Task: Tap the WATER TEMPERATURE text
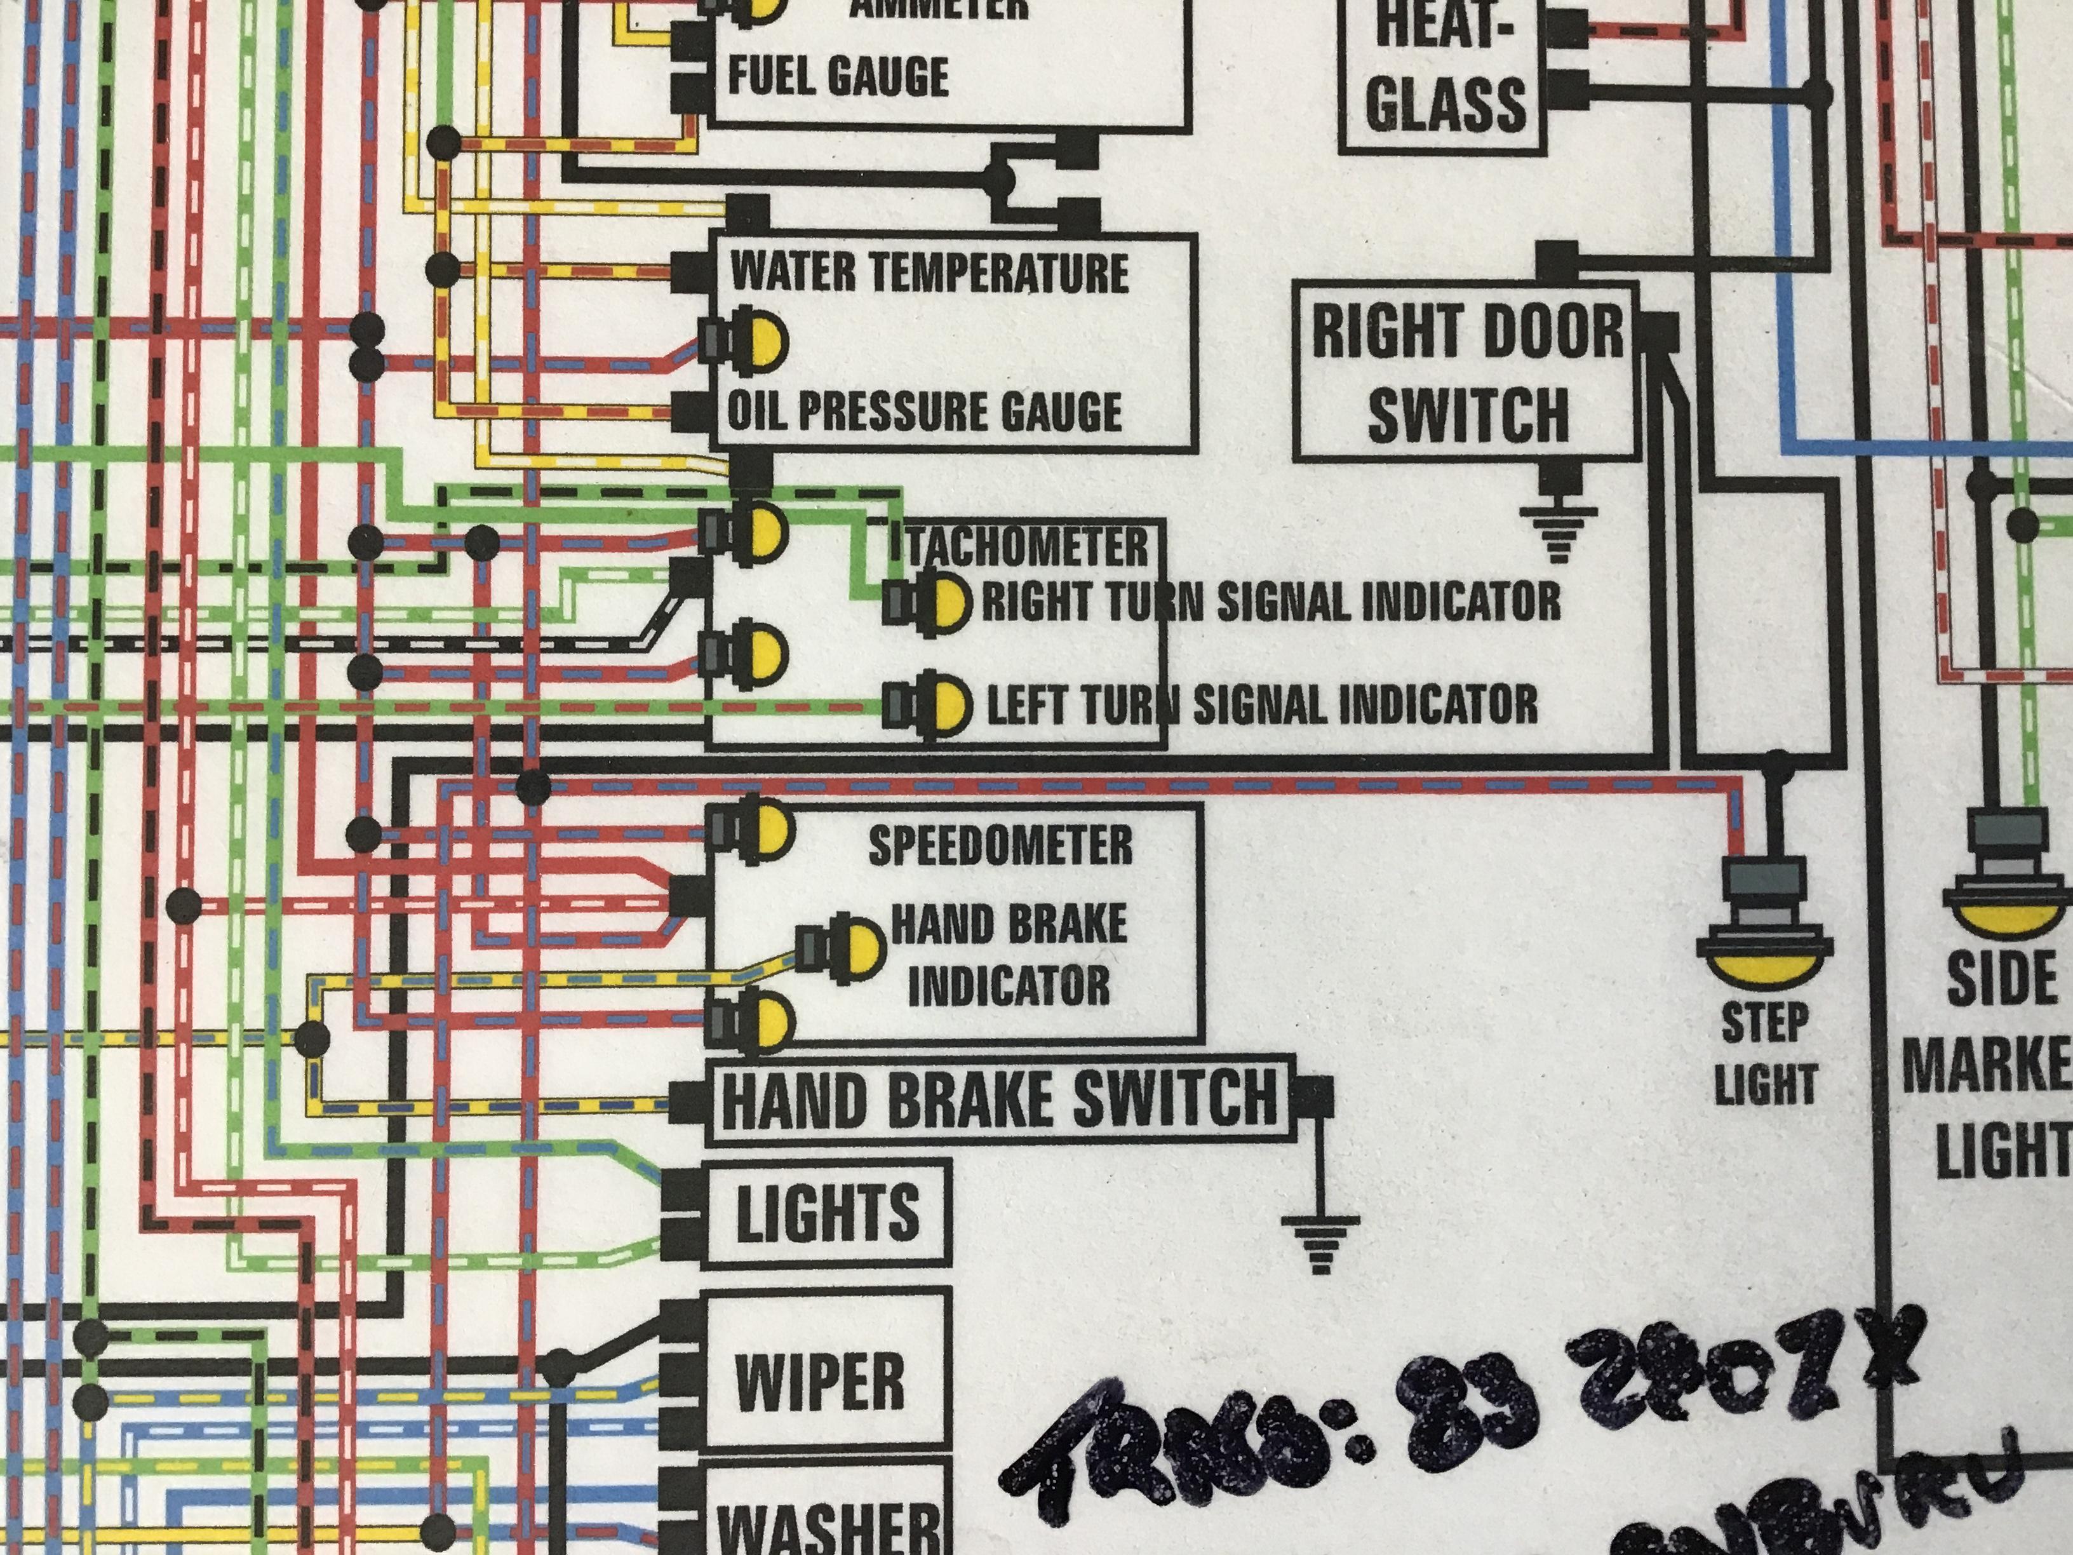click(929, 272)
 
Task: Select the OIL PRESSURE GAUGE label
click(924, 412)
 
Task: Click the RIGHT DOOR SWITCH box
click(1468, 373)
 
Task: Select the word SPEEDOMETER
click(1000, 845)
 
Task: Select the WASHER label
click(828, 1526)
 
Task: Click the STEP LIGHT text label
click(1766, 1054)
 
